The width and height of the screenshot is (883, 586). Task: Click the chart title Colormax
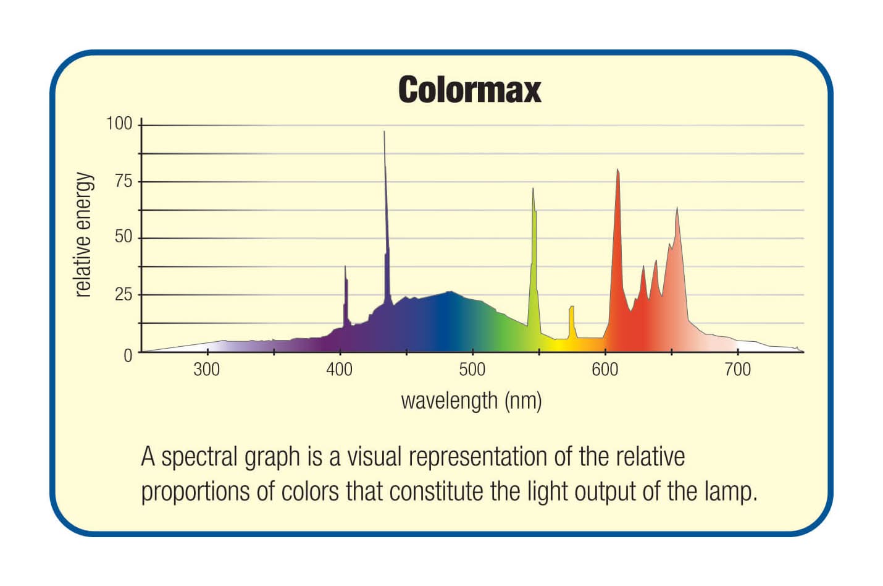[469, 90]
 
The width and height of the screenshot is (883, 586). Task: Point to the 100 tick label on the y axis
[119, 124]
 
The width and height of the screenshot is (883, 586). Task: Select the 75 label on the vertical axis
[123, 181]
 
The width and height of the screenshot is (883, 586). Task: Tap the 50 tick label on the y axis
[123, 237]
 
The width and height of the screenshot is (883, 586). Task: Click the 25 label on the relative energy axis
[123, 294]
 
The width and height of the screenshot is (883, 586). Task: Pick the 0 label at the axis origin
[128, 355]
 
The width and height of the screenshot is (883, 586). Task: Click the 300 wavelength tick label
[206, 370]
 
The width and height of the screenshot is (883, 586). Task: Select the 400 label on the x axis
[339, 370]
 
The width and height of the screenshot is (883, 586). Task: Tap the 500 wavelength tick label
[472, 370]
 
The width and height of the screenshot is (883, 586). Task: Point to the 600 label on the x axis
[605, 370]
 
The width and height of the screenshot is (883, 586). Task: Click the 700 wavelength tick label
[737, 370]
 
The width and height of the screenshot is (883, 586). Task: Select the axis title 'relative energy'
[83, 235]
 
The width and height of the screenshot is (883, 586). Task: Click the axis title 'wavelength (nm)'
[471, 401]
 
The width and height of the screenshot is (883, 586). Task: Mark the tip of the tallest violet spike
[384, 132]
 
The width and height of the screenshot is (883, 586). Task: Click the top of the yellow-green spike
[533, 189]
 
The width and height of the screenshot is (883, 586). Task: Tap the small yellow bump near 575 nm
[572, 308]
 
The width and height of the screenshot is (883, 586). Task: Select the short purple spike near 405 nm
[345, 267]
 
